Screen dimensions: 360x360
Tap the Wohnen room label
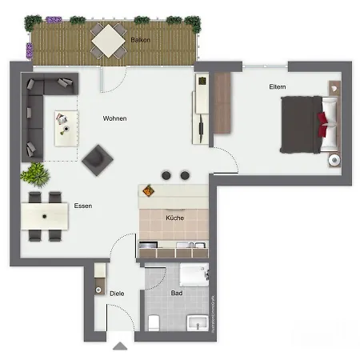click(x=114, y=118)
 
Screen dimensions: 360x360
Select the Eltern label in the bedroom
click(x=277, y=86)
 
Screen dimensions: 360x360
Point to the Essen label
click(x=82, y=206)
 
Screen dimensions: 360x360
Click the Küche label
click(x=174, y=218)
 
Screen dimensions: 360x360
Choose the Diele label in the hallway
click(x=117, y=294)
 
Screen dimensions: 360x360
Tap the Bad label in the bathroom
click(x=177, y=294)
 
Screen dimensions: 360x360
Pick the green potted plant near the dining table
click(x=35, y=173)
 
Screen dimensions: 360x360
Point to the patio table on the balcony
click(x=107, y=40)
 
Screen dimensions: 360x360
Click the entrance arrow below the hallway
click(x=120, y=346)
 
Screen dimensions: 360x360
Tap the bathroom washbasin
click(x=198, y=322)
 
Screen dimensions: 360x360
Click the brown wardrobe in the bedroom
click(x=222, y=104)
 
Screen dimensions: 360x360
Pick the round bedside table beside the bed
click(x=333, y=160)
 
